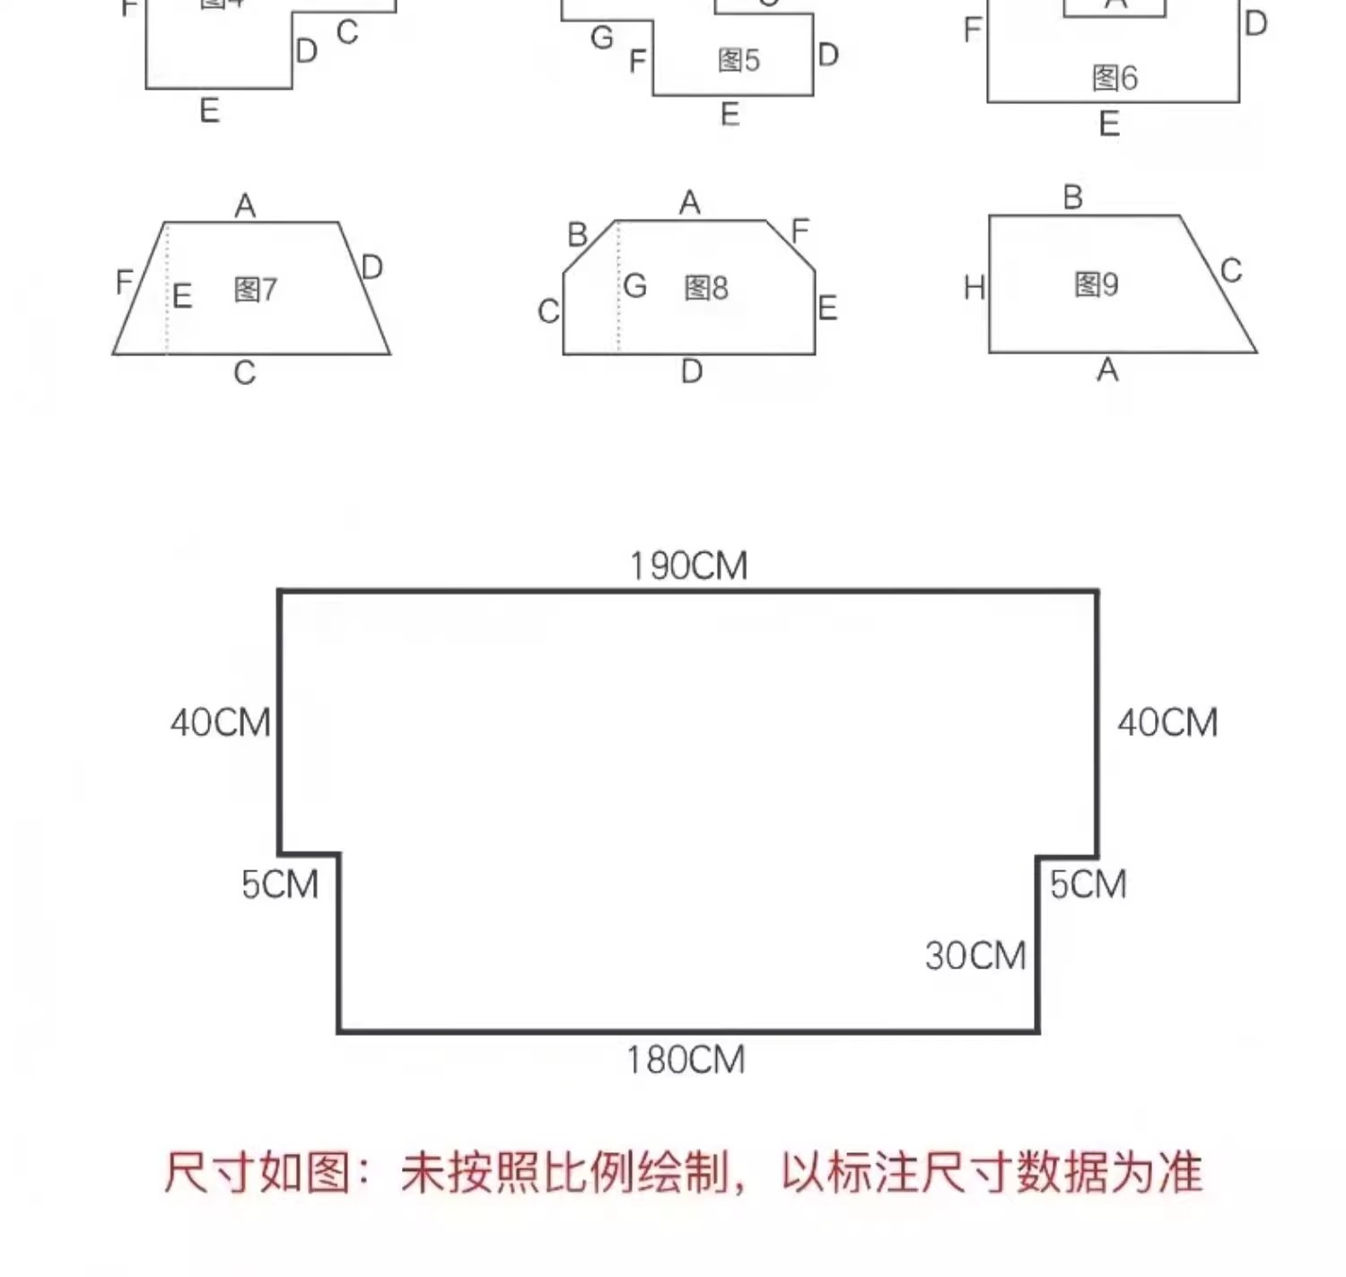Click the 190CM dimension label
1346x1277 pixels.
(x=688, y=566)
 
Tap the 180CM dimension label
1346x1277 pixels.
(x=686, y=1060)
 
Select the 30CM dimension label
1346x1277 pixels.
(x=975, y=956)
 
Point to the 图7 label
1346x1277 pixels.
(x=255, y=290)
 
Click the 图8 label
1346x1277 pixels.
(x=705, y=288)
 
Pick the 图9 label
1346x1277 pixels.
(x=1096, y=285)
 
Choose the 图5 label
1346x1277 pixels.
(x=738, y=60)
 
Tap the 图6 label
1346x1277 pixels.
(x=1114, y=78)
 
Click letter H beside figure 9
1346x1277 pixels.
(x=974, y=288)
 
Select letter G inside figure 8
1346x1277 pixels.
(x=634, y=286)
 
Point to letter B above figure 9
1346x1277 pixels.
(x=1072, y=197)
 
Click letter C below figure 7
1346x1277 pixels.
(x=244, y=372)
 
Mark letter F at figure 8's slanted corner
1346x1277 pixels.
(x=800, y=232)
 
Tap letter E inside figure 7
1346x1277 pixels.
(x=182, y=296)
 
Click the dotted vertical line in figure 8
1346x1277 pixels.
(x=618, y=296)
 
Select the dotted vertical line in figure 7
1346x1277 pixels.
(x=167, y=296)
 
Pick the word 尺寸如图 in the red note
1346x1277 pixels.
(x=256, y=1173)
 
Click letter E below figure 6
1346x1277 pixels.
(x=1109, y=124)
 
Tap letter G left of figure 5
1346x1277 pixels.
(x=602, y=39)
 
